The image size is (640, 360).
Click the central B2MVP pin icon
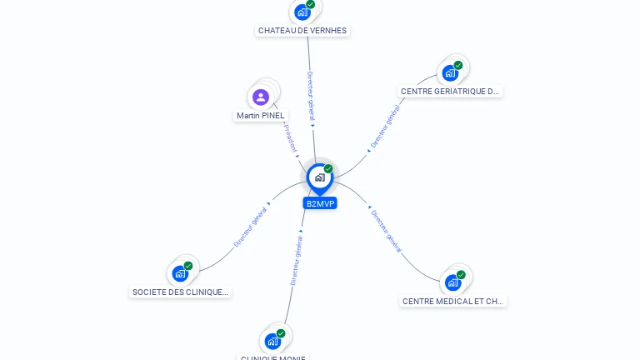319,177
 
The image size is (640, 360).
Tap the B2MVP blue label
320,203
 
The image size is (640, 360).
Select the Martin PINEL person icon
261,97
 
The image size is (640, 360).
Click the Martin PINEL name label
260,116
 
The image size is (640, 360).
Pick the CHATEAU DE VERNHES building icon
302,12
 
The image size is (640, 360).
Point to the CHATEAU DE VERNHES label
302,31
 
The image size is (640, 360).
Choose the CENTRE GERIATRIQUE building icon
451,72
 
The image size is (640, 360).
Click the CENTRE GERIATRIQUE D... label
450,92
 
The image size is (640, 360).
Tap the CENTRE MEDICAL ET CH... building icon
452,282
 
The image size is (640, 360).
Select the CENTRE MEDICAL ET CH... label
452,301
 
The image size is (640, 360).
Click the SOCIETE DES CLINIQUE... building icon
180,273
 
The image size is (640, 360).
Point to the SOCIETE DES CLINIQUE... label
180,292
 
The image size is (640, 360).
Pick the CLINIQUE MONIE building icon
272,341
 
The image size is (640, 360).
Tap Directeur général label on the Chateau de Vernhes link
310,97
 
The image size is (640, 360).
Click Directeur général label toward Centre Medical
386,231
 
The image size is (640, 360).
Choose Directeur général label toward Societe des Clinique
251,226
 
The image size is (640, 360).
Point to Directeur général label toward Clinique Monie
296,258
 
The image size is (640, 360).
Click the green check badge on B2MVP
328,169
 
